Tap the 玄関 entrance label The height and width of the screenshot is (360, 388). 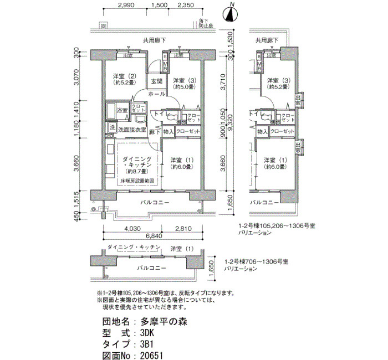click(156, 81)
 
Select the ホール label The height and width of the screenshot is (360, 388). click(156, 95)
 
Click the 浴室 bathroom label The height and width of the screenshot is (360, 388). click(121, 110)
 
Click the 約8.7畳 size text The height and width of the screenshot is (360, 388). click(136, 172)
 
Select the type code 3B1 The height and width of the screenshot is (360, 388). click(147, 344)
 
